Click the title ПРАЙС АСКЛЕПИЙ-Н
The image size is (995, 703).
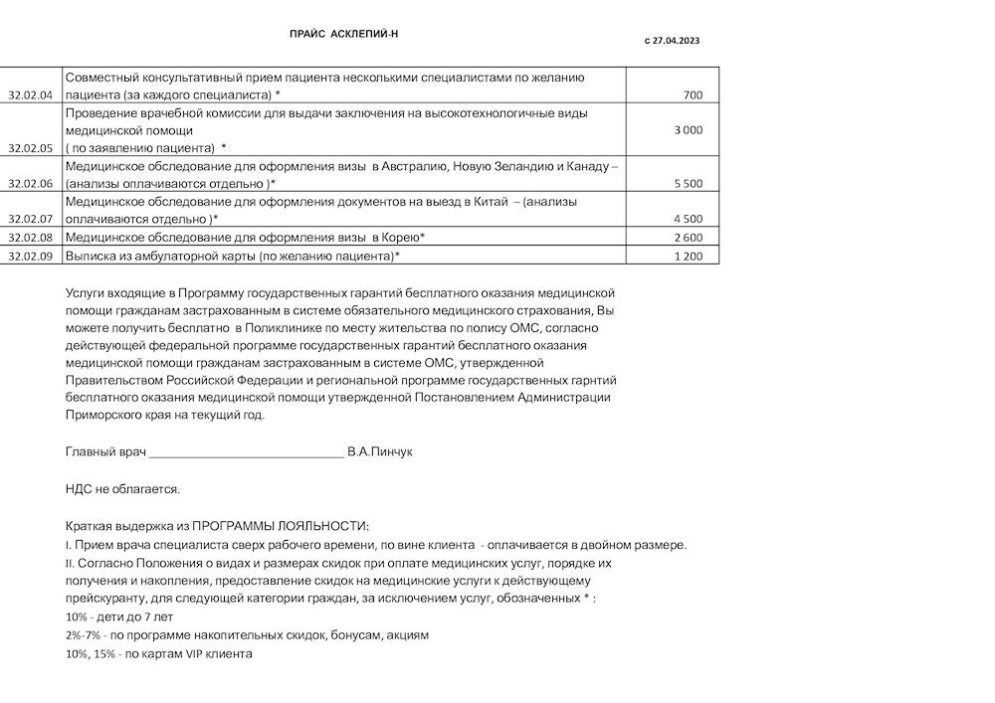click(343, 34)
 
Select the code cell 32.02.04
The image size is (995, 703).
click(30, 95)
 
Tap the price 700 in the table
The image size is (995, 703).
click(694, 95)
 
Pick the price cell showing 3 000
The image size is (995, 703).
click(689, 130)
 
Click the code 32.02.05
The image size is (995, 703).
click(30, 148)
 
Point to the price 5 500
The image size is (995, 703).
click(689, 184)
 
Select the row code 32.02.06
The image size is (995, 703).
click(30, 184)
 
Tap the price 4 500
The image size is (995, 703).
click(689, 219)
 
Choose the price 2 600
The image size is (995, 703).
click(689, 238)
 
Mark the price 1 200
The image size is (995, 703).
click(689, 256)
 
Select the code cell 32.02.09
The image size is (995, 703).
click(30, 256)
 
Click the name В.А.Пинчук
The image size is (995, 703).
click(380, 451)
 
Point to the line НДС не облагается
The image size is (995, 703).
click(122, 489)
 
